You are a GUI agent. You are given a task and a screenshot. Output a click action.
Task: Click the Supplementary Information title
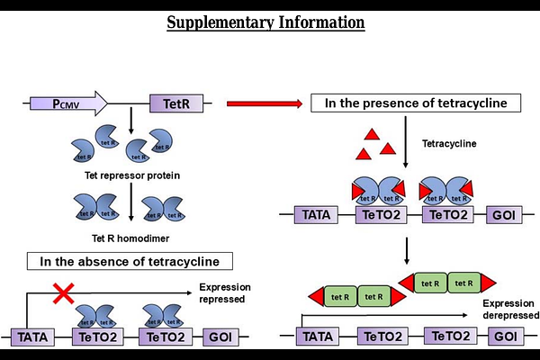[x=266, y=21]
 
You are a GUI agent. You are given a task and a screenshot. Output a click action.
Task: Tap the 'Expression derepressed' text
[x=509, y=310]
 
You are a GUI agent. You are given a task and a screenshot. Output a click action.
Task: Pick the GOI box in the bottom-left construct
[x=220, y=337]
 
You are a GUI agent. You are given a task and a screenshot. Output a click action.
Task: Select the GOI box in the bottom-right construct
[x=503, y=337]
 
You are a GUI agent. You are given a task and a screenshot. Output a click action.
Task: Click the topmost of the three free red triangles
[x=369, y=133]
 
